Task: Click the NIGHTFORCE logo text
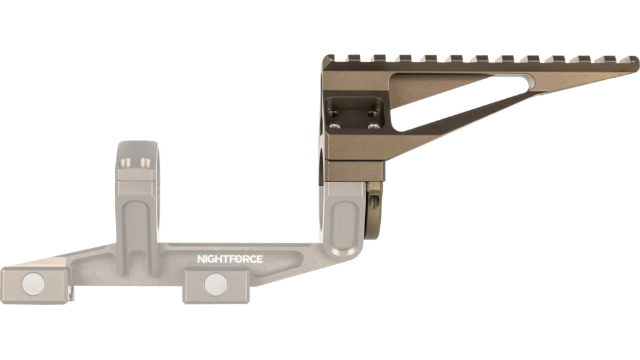point(230,259)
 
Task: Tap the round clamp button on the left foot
point(34,283)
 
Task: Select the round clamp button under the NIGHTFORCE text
point(215,284)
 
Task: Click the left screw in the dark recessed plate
point(336,126)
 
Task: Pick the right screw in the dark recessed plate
point(373,126)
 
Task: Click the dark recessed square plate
point(354,113)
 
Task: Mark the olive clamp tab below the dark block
point(374,209)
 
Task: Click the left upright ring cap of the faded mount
point(136,164)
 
